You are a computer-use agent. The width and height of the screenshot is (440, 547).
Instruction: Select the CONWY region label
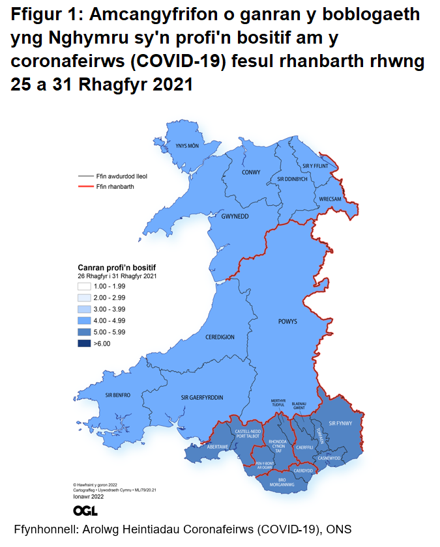[x=251, y=173]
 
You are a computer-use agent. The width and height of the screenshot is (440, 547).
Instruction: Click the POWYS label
[x=287, y=322]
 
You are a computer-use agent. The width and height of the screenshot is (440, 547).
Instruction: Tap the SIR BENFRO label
[x=118, y=395]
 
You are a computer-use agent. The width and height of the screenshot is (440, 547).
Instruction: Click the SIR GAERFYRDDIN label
[x=202, y=397]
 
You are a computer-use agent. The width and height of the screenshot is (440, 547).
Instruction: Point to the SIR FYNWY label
[x=340, y=423]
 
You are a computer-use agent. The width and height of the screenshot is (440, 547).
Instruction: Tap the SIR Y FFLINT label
[x=317, y=166]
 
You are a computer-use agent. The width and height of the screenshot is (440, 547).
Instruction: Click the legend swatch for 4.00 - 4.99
[x=84, y=320]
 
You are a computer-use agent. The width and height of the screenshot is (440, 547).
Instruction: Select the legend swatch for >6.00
[x=84, y=343]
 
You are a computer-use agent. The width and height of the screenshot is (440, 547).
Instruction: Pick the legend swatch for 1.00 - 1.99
[x=84, y=286]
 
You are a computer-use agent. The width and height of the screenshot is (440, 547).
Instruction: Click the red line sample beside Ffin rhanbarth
[x=85, y=187]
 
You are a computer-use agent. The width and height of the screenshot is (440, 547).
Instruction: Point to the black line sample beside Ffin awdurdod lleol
[x=85, y=176]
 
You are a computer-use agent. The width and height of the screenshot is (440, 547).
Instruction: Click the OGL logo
[x=85, y=510]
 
